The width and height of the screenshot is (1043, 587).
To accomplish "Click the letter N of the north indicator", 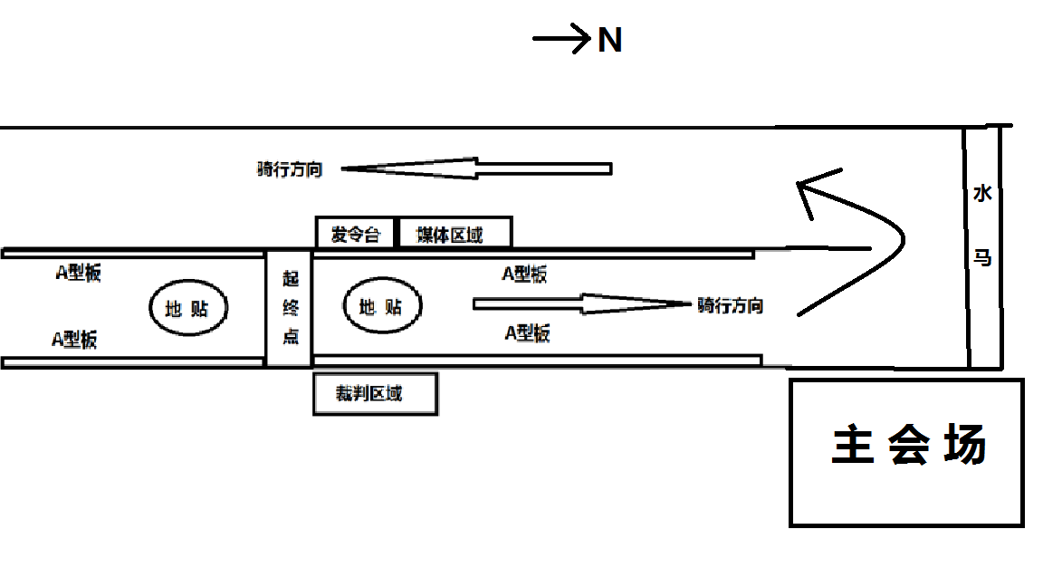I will click(609, 40).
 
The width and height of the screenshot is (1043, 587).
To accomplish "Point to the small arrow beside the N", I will click(561, 39).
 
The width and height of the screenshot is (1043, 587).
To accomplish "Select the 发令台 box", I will click(355, 235).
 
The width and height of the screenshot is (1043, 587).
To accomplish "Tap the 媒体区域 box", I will click(455, 235).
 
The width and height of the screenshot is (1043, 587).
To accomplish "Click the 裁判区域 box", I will click(375, 394).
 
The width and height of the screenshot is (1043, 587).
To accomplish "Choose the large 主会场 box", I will click(907, 451).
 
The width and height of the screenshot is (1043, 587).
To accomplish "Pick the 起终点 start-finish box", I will click(289, 308).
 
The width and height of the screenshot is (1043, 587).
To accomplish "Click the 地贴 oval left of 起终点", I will click(188, 308).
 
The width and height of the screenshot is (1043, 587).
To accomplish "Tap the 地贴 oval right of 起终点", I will click(382, 307).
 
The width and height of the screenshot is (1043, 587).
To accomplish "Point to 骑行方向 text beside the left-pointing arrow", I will click(290, 169).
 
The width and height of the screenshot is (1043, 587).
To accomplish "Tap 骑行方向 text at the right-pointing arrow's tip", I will click(730, 305).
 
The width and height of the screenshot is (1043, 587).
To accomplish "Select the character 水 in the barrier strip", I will click(982, 194).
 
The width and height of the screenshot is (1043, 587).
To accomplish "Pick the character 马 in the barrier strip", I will click(982, 258).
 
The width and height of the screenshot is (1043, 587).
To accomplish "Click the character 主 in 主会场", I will click(850, 447).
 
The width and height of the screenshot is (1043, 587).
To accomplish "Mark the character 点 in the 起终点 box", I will click(291, 337).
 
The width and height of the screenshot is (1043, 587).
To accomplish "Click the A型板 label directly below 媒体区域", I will click(524, 274).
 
